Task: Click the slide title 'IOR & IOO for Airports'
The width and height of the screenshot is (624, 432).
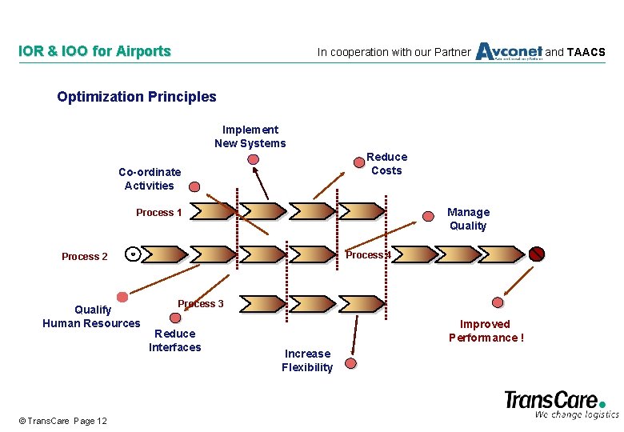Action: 94,52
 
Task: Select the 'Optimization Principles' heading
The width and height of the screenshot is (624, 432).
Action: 137,97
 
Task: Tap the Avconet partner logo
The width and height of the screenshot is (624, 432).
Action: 509,51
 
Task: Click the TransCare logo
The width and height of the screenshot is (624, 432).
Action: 561,403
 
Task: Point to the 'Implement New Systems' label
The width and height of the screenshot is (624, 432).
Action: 250,137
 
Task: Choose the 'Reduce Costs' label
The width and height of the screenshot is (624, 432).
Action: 386,164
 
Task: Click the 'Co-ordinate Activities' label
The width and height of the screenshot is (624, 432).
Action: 150,178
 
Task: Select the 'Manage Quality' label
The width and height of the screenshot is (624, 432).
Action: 468,218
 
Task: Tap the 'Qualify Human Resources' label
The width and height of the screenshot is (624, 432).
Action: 91,317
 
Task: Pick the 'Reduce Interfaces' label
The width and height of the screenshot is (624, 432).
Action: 175,340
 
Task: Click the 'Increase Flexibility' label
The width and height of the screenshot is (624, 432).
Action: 307,361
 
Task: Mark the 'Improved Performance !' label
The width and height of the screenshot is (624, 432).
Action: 486,330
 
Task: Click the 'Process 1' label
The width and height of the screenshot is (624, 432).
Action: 159,213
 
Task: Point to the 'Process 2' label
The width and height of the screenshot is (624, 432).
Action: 85,257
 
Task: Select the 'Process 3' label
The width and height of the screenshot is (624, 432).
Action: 201,304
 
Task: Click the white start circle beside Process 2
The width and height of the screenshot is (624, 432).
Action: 134,254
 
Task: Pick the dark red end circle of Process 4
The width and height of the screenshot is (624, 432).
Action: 537,254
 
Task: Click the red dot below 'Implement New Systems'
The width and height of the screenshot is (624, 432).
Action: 254,159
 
